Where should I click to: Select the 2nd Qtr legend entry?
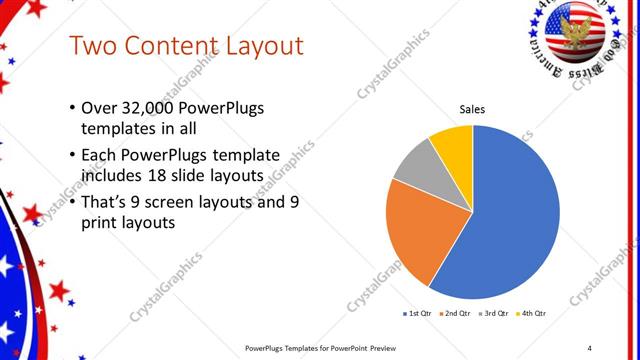pos(454,314)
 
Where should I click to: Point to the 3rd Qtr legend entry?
pos(494,314)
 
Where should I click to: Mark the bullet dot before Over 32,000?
pos(72,109)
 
